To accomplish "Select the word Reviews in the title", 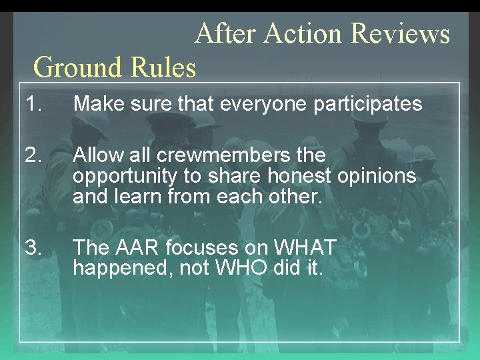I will point(400,33).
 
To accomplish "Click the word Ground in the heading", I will point(74,67).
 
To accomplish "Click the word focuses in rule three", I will point(197,248).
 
